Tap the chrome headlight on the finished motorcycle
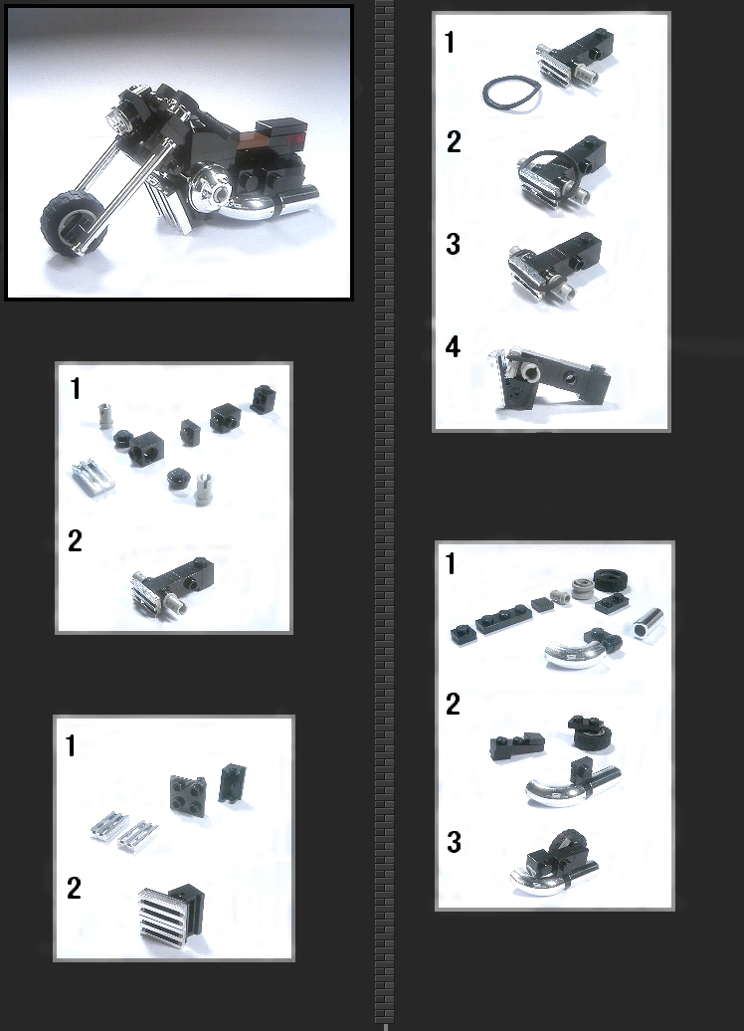tap(115, 120)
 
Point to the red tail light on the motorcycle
tap(296, 138)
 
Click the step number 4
tap(453, 347)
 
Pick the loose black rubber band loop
tap(511, 94)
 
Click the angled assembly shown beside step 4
tap(550, 379)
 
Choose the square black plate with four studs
tap(188, 794)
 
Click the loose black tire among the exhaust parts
tap(611, 579)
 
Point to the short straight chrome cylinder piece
tap(649, 622)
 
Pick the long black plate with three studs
tap(502, 619)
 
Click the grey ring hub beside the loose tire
tap(582, 588)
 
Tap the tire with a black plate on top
tap(589, 731)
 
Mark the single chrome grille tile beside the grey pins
tap(93, 477)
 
